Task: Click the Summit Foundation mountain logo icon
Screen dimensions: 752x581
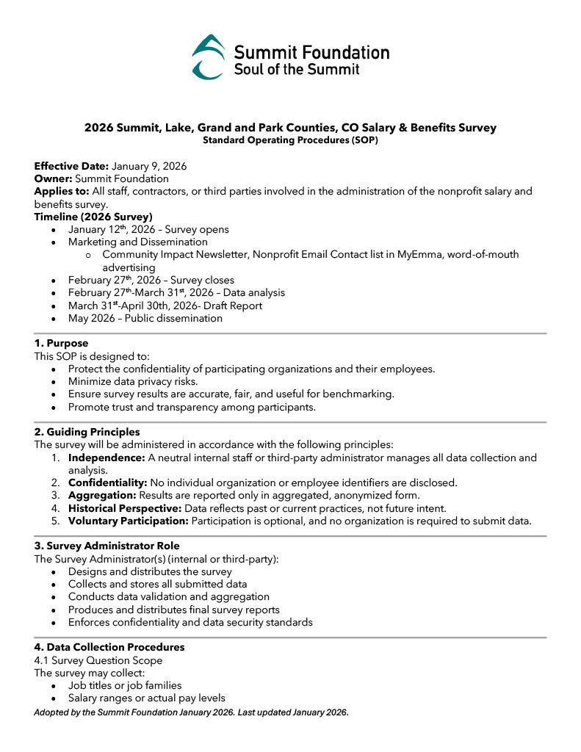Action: [x=208, y=57]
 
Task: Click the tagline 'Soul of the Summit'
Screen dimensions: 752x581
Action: [x=297, y=69]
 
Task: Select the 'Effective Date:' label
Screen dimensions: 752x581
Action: [x=71, y=166]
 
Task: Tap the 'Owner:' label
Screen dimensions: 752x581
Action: [x=53, y=178]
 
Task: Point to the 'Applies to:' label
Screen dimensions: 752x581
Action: [x=62, y=191]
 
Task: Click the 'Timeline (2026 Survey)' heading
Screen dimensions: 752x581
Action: [x=93, y=217]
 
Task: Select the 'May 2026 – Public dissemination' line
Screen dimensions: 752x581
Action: [x=145, y=318]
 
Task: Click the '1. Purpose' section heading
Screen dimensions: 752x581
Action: [x=61, y=343]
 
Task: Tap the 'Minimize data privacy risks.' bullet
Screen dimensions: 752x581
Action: [x=133, y=381]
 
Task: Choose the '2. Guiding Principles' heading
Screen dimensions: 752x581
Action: [x=87, y=432]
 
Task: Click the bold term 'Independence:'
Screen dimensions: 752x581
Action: [x=107, y=458]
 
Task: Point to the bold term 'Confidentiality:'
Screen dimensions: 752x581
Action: [x=108, y=482]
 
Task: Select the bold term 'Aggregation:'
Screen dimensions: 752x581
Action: [x=102, y=495]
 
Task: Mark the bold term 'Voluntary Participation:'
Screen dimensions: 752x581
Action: [x=129, y=521]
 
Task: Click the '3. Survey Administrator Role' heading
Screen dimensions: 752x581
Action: [x=107, y=546]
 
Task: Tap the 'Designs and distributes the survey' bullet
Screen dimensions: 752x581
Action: [x=150, y=571]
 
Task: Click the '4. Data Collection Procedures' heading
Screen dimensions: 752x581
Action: [x=109, y=647]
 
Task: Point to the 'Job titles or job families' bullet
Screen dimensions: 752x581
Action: [x=125, y=685]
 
